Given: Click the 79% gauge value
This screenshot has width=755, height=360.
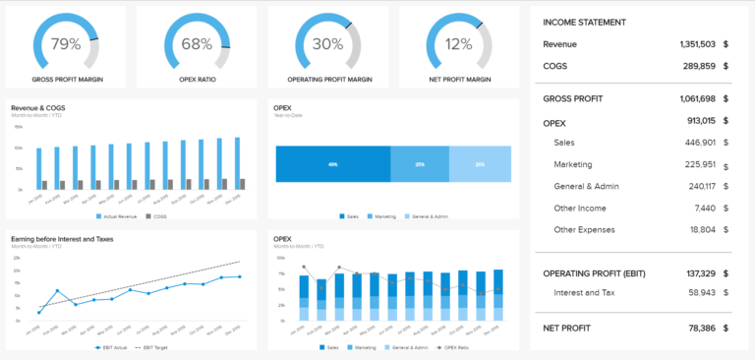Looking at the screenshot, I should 66,44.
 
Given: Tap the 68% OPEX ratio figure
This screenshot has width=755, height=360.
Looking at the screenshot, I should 197,44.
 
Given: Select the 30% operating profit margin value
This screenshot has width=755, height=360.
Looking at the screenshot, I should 328,44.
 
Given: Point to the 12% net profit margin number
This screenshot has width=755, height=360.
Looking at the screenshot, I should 458,44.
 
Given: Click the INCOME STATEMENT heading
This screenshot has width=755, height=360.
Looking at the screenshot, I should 584,22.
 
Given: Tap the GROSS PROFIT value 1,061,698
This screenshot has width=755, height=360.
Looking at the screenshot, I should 695,98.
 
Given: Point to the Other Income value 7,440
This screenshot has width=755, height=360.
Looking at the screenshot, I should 706,208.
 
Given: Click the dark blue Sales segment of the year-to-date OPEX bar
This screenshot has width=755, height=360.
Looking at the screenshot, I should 332,164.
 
